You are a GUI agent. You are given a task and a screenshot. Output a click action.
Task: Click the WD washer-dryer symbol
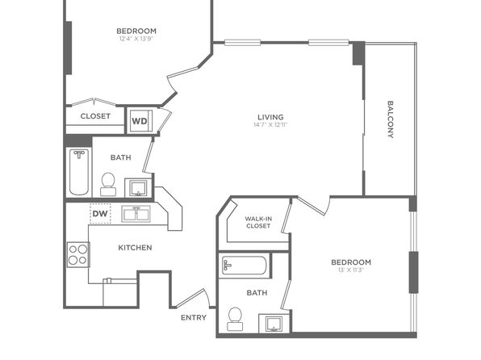pos(140,121)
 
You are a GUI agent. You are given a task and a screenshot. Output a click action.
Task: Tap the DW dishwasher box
pos(100,213)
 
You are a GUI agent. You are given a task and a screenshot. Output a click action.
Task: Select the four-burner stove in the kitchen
pos(78,254)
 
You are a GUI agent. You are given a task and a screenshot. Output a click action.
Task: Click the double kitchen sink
pos(136,214)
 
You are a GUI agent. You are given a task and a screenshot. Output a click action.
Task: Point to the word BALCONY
pos(390,119)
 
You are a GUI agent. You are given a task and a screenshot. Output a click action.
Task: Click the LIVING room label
pos(270,117)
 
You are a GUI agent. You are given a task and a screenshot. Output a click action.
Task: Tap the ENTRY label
pos(194,318)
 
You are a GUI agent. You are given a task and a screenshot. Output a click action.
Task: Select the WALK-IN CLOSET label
pos(258,222)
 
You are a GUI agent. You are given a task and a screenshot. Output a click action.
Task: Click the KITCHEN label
pos(135,247)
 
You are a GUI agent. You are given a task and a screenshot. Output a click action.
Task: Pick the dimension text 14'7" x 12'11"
pos(270,124)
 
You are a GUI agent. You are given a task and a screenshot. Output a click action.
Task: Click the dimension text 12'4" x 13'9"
pos(136,39)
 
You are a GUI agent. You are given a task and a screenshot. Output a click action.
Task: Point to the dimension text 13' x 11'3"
pos(351,270)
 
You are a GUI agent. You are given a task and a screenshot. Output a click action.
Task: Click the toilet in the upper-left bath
pos(108,184)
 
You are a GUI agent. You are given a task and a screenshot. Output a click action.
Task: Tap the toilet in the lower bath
pos(236,319)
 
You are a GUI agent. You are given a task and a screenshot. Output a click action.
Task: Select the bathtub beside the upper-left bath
pos(79,172)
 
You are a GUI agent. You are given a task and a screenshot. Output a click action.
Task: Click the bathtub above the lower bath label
pos(245,266)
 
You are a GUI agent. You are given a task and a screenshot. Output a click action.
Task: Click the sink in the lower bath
pos(274,324)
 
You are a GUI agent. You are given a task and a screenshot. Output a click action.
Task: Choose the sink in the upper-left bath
pos(138,188)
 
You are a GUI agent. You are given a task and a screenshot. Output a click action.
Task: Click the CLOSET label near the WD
pos(95,116)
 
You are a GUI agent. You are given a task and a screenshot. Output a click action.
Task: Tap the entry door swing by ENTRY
pos(193,298)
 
